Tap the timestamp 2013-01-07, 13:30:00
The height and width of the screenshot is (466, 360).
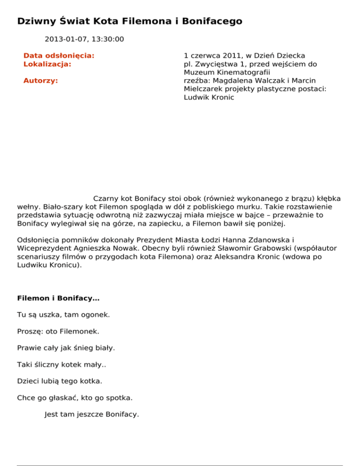(x=84, y=39)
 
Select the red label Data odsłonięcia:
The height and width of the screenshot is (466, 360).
(x=59, y=56)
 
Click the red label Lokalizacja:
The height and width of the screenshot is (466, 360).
(x=47, y=64)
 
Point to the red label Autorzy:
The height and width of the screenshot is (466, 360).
(x=41, y=81)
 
